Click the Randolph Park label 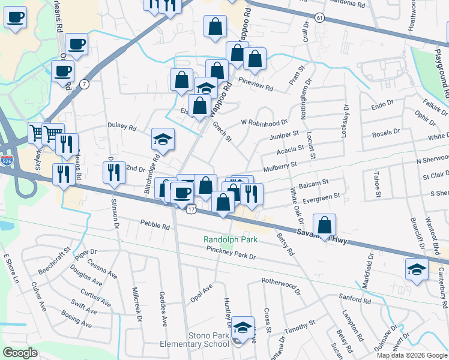[x=231, y=239]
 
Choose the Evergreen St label [x=321, y=197]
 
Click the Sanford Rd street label [x=352, y=297]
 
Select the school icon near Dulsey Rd [x=162, y=139]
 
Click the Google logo [x=20, y=353]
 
